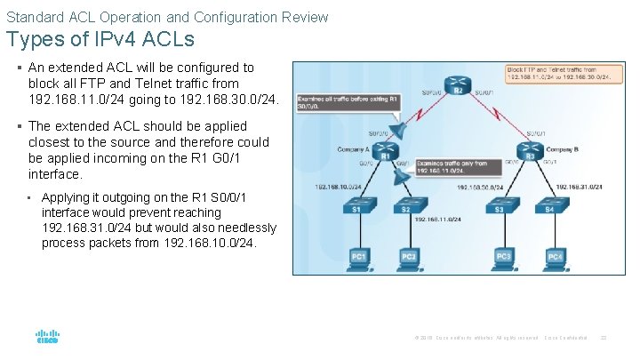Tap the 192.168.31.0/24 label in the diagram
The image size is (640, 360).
(x=579, y=187)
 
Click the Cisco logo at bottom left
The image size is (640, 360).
(x=46, y=337)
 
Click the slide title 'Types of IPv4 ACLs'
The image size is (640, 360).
(x=100, y=40)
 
